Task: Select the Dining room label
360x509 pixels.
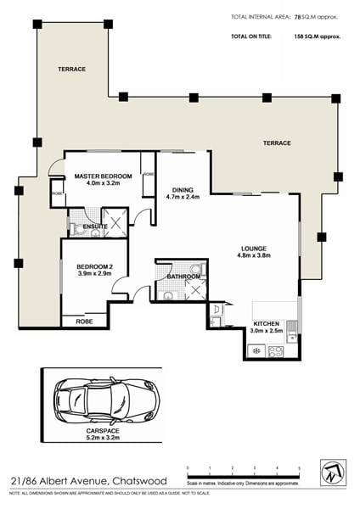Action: click(183, 190)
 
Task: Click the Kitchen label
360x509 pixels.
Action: click(267, 323)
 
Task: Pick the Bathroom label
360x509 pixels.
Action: click(183, 277)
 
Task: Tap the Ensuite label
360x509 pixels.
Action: click(94, 227)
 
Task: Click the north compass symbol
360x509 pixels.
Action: click(330, 473)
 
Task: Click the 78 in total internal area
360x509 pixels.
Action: click(297, 16)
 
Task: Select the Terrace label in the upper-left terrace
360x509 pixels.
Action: click(71, 69)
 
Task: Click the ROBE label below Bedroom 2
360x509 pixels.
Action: click(84, 322)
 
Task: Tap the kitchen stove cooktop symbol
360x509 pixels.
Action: click(275, 350)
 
